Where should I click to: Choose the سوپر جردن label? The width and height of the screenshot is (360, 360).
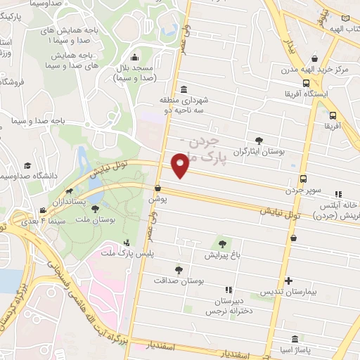click(x=304, y=190)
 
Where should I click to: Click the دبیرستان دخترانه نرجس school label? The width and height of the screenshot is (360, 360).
click(x=227, y=304)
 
